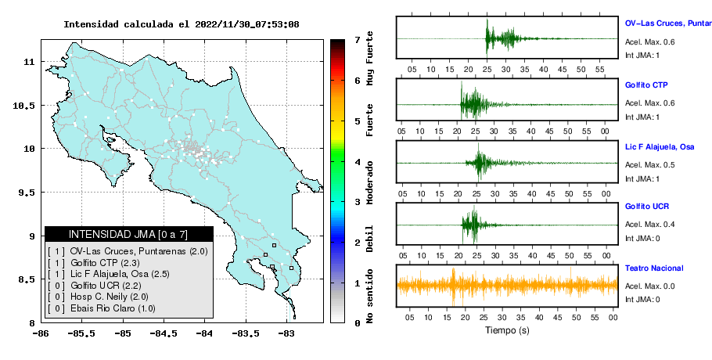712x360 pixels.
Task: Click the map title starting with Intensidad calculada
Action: click(x=182, y=24)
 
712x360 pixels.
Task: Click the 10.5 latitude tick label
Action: click(x=23, y=106)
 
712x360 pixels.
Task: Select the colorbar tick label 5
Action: click(x=357, y=121)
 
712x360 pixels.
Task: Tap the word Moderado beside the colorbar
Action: click(x=369, y=182)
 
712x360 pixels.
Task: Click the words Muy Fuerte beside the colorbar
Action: click(x=369, y=58)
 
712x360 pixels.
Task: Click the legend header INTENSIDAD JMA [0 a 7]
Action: click(x=128, y=234)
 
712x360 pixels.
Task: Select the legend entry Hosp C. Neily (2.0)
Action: click(x=110, y=297)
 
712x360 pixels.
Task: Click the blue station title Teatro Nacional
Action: click(x=654, y=268)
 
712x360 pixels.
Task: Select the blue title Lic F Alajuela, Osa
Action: click(x=660, y=146)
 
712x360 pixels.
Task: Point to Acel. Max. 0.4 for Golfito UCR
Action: click(x=649, y=225)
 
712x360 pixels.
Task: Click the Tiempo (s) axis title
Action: click(x=507, y=330)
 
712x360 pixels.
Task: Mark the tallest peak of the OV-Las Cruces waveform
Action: click(x=487, y=20)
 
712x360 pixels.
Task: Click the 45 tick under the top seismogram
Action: click(x=562, y=70)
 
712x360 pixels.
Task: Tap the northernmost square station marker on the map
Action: click(x=274, y=245)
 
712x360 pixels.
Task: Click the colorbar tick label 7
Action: click(x=357, y=40)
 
